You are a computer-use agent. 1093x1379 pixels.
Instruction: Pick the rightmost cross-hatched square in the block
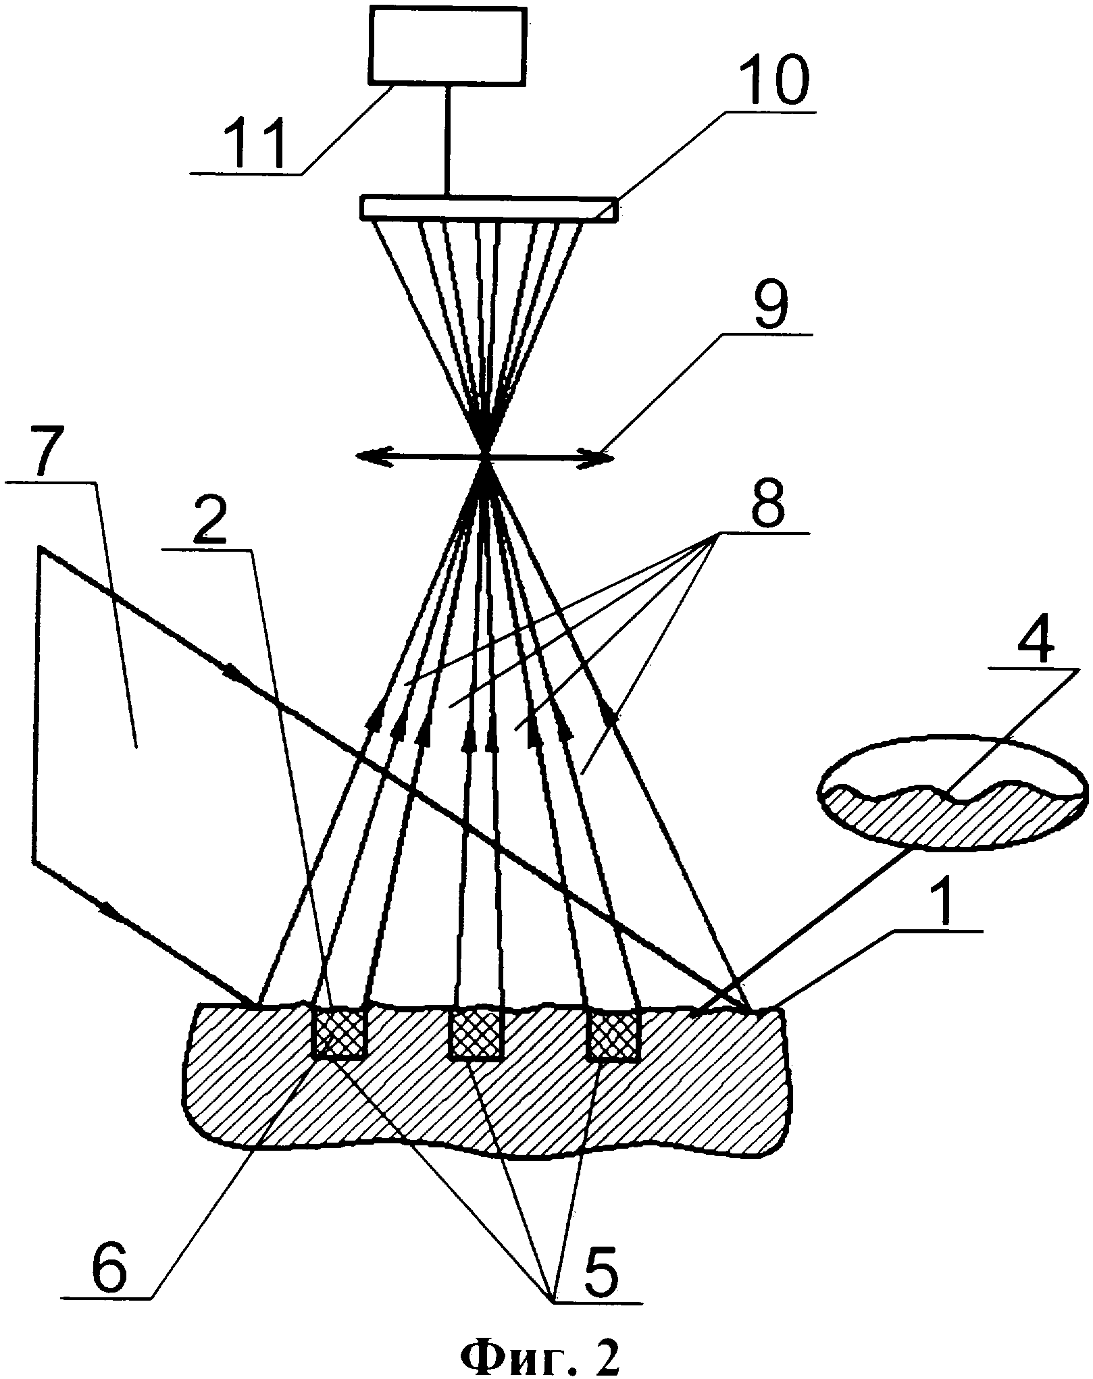(x=613, y=1035)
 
